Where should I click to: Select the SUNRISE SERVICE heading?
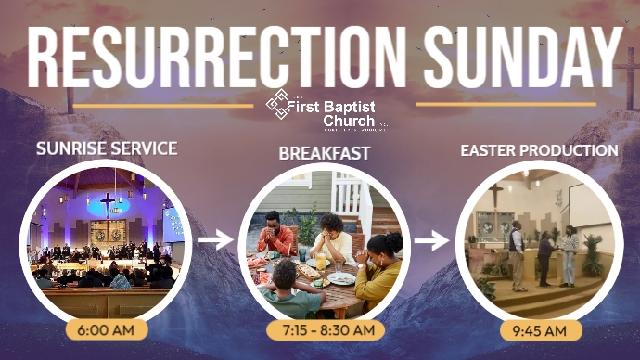click(107, 148)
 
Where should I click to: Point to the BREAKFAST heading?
click(324, 152)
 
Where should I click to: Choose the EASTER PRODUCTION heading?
click(539, 149)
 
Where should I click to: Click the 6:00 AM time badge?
click(107, 329)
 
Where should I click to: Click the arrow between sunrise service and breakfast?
click(215, 239)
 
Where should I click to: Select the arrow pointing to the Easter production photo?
click(431, 241)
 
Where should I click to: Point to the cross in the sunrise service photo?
click(108, 201)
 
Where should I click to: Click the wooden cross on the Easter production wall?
click(497, 193)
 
